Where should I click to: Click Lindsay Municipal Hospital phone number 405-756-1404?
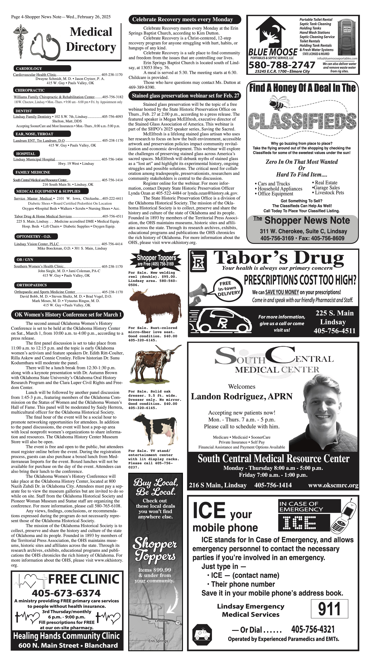[x=112, y=159]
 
